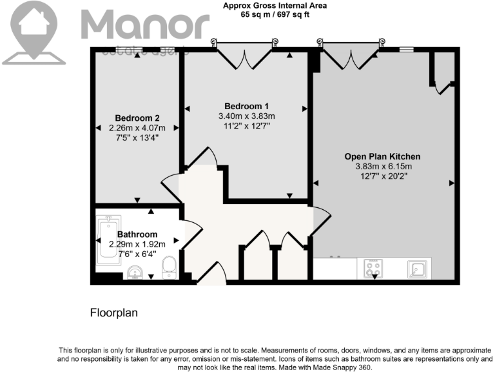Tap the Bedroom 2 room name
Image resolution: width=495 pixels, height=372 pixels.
point(137,118)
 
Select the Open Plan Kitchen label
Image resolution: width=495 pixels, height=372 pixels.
point(382,156)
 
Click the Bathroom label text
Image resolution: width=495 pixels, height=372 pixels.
point(137,234)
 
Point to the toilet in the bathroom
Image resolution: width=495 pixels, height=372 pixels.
point(170,267)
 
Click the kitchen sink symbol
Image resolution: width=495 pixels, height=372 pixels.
point(416,267)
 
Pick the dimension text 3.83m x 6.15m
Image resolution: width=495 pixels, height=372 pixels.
point(382,167)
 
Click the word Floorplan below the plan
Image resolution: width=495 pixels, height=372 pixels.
point(114,313)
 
